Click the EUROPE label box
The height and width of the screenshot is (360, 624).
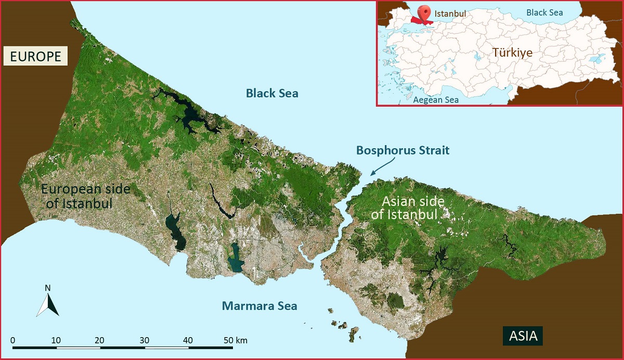point(35,56)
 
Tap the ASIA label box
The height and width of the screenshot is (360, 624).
point(523,336)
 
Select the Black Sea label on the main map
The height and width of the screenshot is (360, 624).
point(272,93)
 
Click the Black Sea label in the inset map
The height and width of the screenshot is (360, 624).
point(544,12)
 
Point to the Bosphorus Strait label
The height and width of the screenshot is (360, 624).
point(402,150)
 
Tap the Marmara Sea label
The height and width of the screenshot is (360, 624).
point(259,305)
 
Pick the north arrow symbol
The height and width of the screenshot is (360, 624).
point(48,305)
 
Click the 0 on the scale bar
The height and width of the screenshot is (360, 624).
point(12,340)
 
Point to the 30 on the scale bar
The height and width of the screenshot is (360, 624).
point(145,340)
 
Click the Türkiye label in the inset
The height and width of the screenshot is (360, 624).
point(512,53)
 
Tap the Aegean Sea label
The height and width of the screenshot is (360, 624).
point(435,99)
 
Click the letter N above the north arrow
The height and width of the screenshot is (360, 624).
point(47,288)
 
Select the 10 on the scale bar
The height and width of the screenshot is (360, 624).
point(56,340)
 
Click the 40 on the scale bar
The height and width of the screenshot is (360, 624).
point(188,340)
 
